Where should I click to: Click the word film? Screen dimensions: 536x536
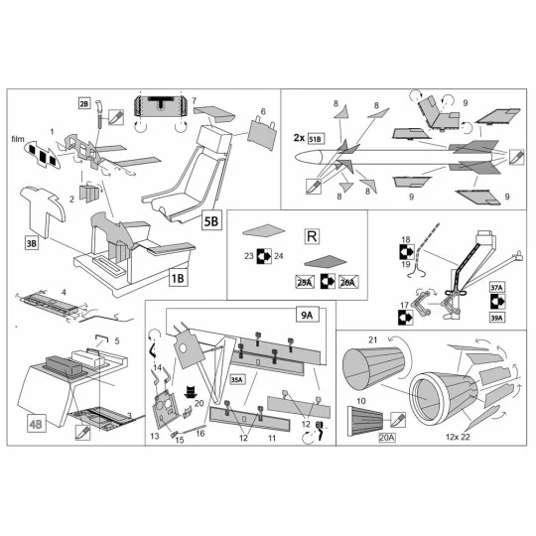17,140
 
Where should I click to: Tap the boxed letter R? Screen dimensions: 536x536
311,237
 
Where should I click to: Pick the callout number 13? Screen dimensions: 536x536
154,435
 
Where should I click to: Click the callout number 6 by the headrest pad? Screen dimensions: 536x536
264,111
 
